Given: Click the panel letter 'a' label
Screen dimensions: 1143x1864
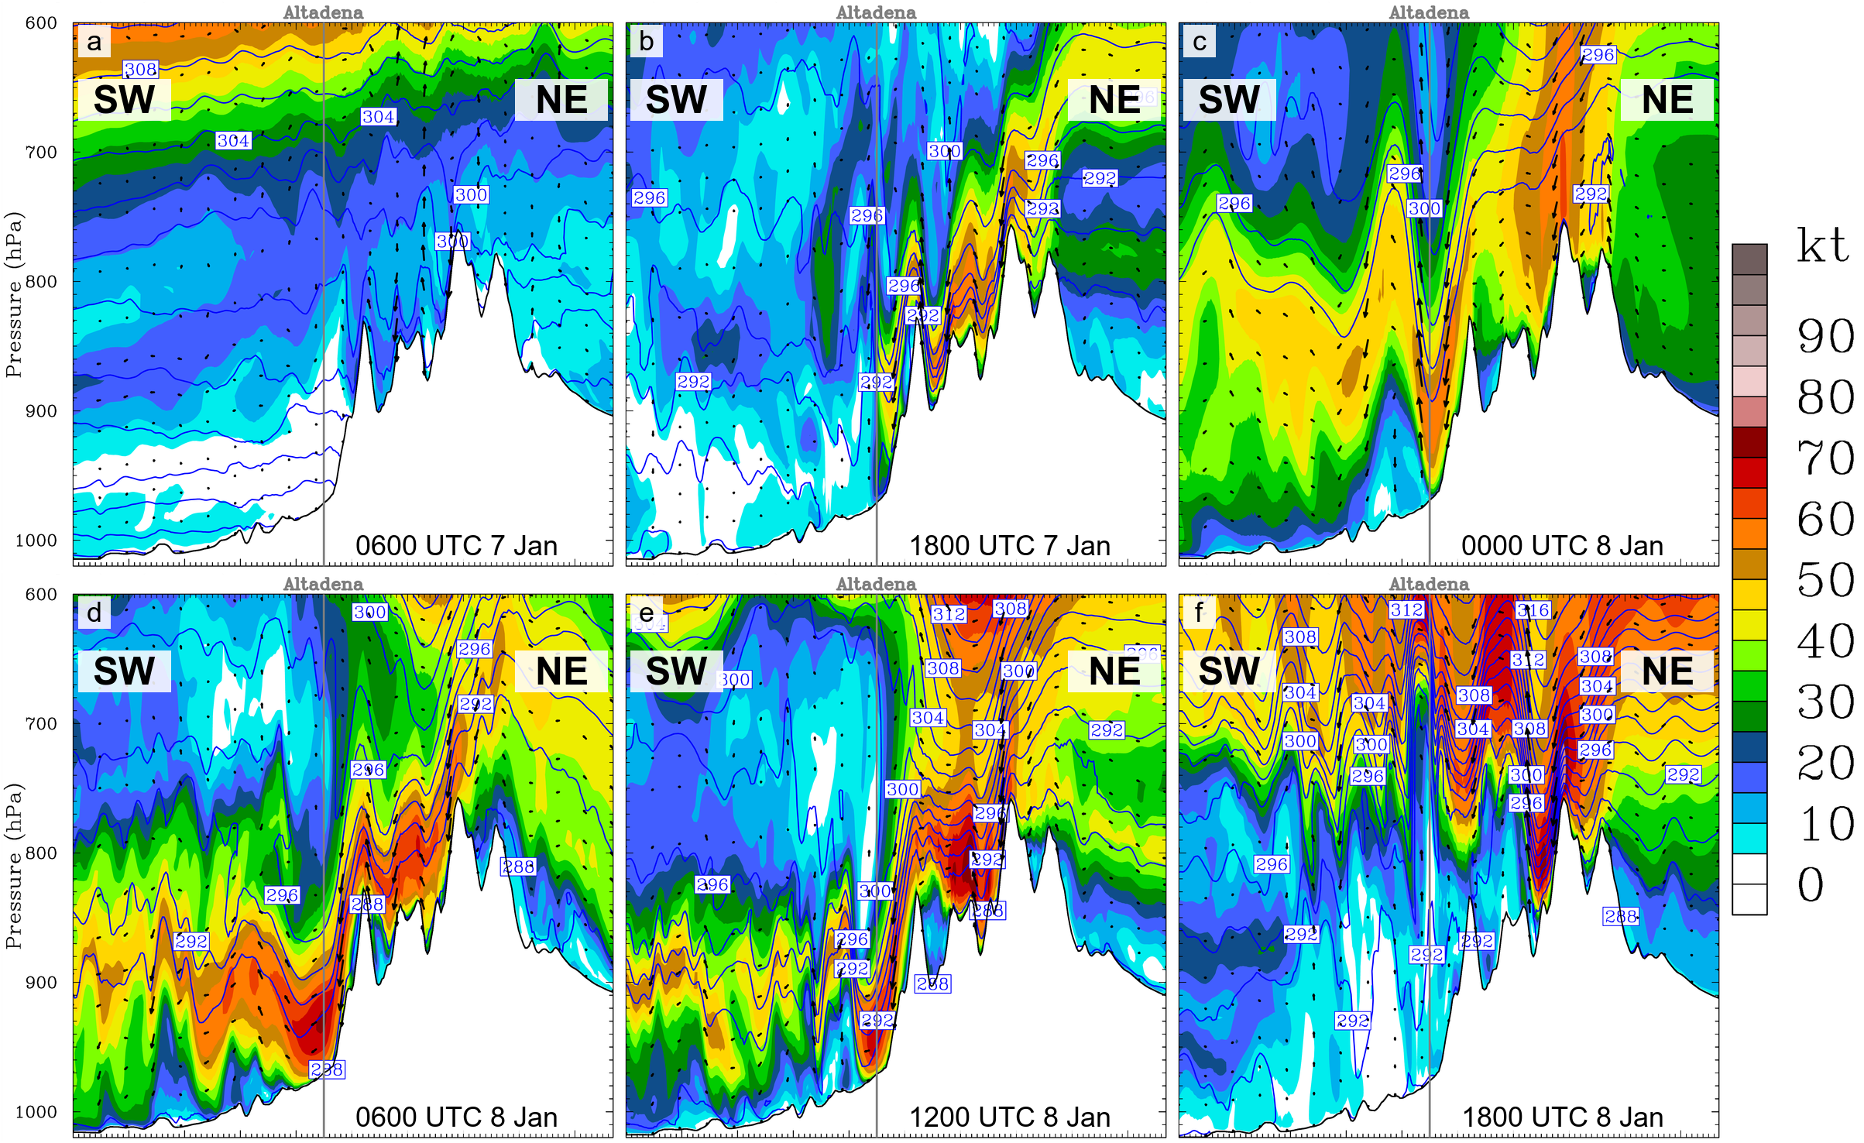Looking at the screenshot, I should click(94, 42).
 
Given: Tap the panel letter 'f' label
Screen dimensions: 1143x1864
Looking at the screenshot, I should click(1199, 613).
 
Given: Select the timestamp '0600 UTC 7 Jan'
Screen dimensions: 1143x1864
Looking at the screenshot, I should click(456, 546).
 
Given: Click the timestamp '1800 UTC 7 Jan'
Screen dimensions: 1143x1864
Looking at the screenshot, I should click(1009, 546).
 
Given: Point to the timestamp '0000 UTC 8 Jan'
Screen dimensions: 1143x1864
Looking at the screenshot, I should click(1562, 546).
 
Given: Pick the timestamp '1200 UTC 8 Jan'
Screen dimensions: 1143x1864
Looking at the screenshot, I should click(1009, 1117).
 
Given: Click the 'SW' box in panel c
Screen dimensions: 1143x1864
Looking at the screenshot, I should click(1229, 100).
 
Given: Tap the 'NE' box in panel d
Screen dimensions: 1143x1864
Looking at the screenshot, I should click(561, 671).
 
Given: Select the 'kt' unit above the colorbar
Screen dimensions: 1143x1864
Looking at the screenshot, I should click(1822, 246).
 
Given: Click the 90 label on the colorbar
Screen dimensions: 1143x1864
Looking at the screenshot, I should click(1825, 336).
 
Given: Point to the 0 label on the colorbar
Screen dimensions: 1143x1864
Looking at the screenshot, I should click(1811, 884).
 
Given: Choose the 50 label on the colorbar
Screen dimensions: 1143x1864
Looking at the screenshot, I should click(1825, 580).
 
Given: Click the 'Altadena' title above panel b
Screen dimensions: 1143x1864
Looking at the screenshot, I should click(876, 12).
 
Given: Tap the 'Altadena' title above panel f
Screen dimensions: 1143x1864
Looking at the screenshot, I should click(1429, 584).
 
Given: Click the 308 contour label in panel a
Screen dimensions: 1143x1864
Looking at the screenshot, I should click(141, 70).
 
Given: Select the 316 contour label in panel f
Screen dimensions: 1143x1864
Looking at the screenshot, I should click(1533, 610).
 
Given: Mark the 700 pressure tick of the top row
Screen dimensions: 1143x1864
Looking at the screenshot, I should click(41, 153).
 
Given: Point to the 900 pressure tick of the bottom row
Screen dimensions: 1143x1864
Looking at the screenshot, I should click(41, 983).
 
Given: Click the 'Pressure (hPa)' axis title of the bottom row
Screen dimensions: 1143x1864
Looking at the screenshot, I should click(13, 866).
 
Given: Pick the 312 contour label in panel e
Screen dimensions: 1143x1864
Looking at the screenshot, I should click(949, 614).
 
